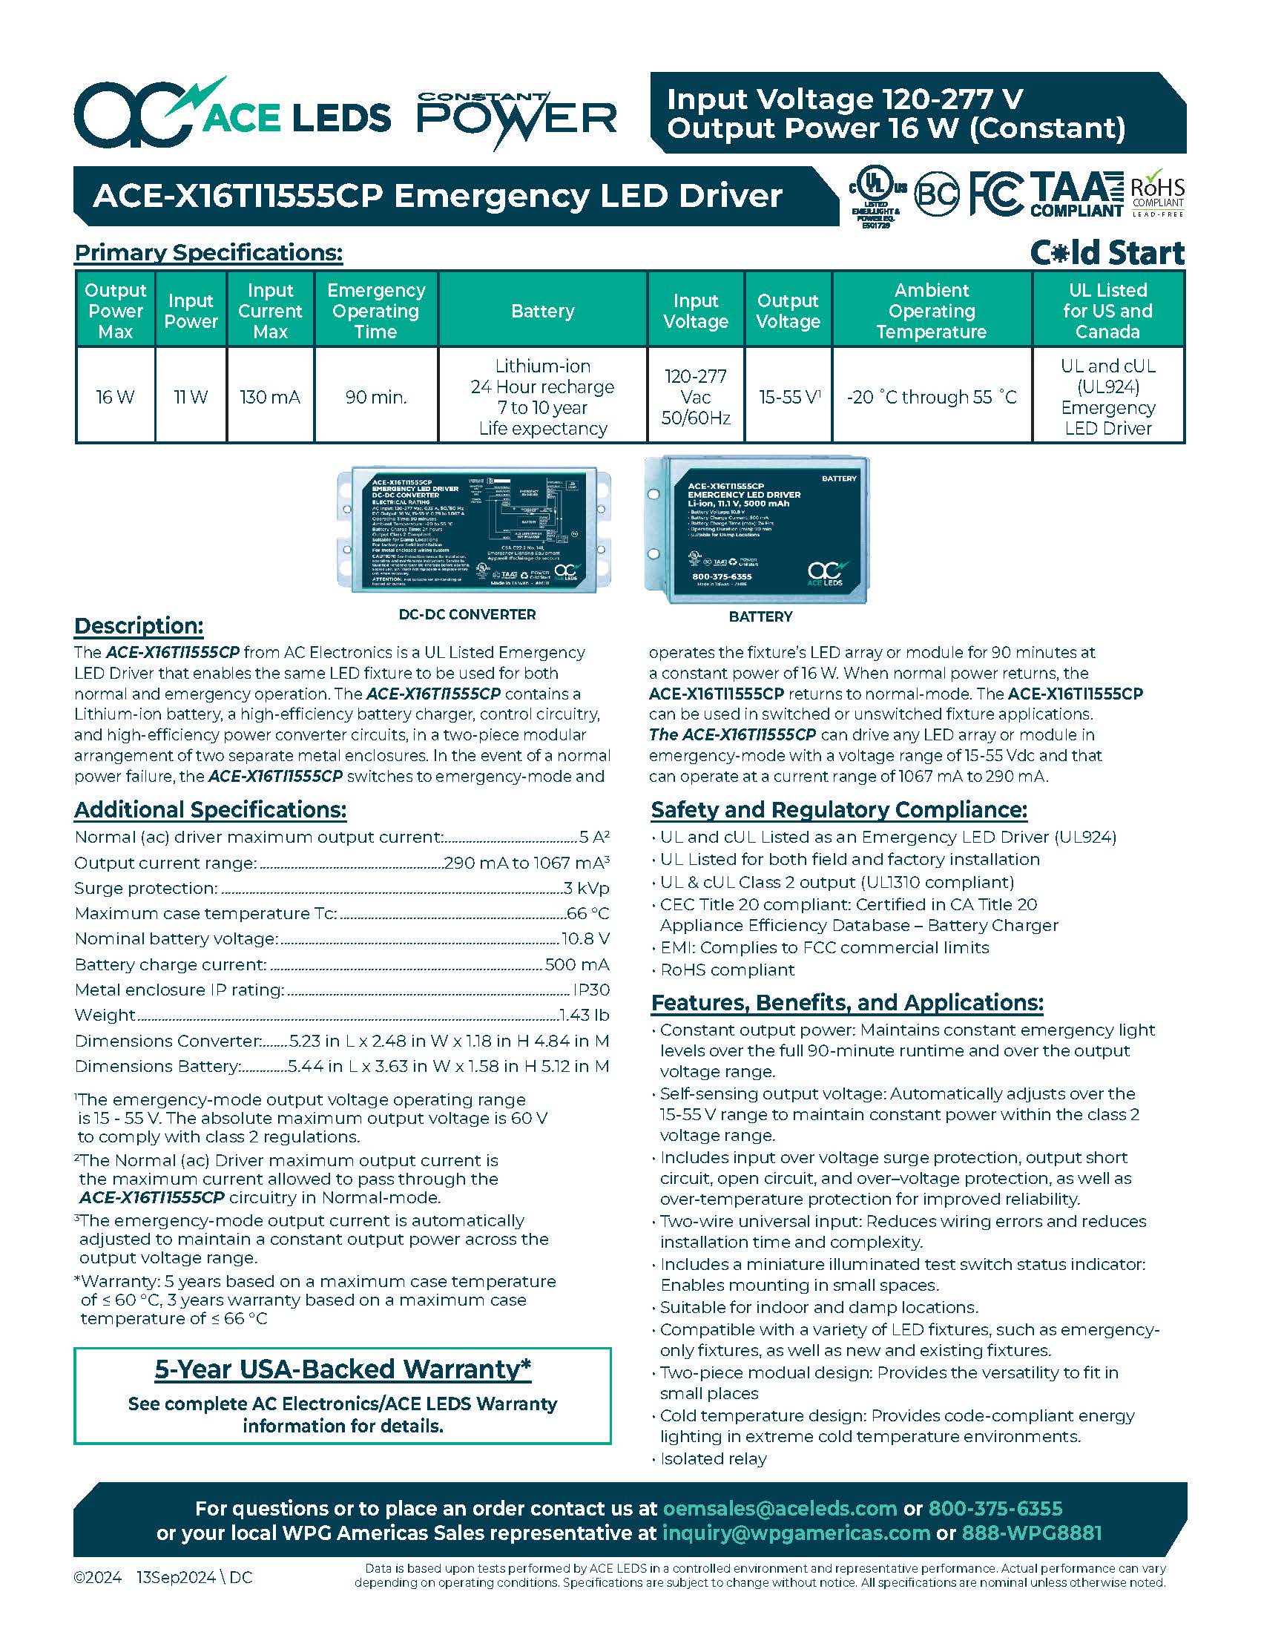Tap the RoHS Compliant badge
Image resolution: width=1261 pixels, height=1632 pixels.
click(x=1157, y=194)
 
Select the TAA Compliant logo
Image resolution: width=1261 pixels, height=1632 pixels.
click(x=1076, y=194)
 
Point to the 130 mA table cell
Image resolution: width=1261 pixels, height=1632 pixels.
click(x=270, y=397)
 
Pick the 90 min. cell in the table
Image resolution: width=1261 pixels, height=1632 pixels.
click(x=376, y=397)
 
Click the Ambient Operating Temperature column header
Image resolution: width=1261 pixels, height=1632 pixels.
click(x=932, y=311)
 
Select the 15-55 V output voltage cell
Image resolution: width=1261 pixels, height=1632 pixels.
click(x=788, y=397)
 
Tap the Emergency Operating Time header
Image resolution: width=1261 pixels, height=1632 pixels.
click(x=376, y=311)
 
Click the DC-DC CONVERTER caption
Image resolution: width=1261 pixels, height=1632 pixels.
click(x=467, y=614)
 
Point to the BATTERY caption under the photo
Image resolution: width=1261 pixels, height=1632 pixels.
click(x=760, y=616)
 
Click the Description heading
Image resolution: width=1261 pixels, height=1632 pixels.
click(x=139, y=625)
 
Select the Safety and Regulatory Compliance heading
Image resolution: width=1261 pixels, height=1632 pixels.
click(x=839, y=810)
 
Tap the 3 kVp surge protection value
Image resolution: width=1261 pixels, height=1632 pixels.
click(x=587, y=889)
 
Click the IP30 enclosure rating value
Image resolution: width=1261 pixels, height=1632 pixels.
click(x=591, y=990)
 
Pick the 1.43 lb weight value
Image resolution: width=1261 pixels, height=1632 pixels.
click(x=585, y=1016)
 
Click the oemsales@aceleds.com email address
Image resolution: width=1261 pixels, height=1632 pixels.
click(x=780, y=1508)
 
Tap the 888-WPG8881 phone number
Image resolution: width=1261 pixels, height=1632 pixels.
click(x=1031, y=1533)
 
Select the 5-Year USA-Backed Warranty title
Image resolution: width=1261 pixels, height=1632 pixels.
click(x=343, y=1369)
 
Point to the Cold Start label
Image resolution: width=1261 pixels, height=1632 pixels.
click(x=1107, y=253)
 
